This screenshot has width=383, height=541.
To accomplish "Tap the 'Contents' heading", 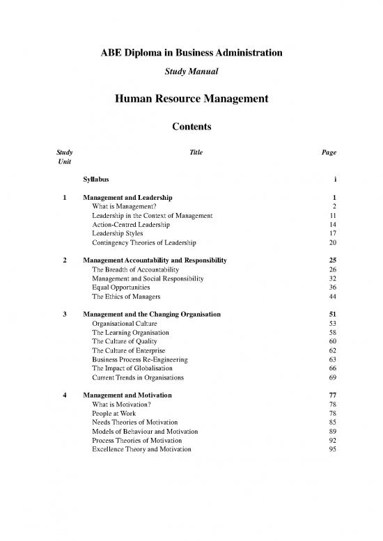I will tap(191, 127).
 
